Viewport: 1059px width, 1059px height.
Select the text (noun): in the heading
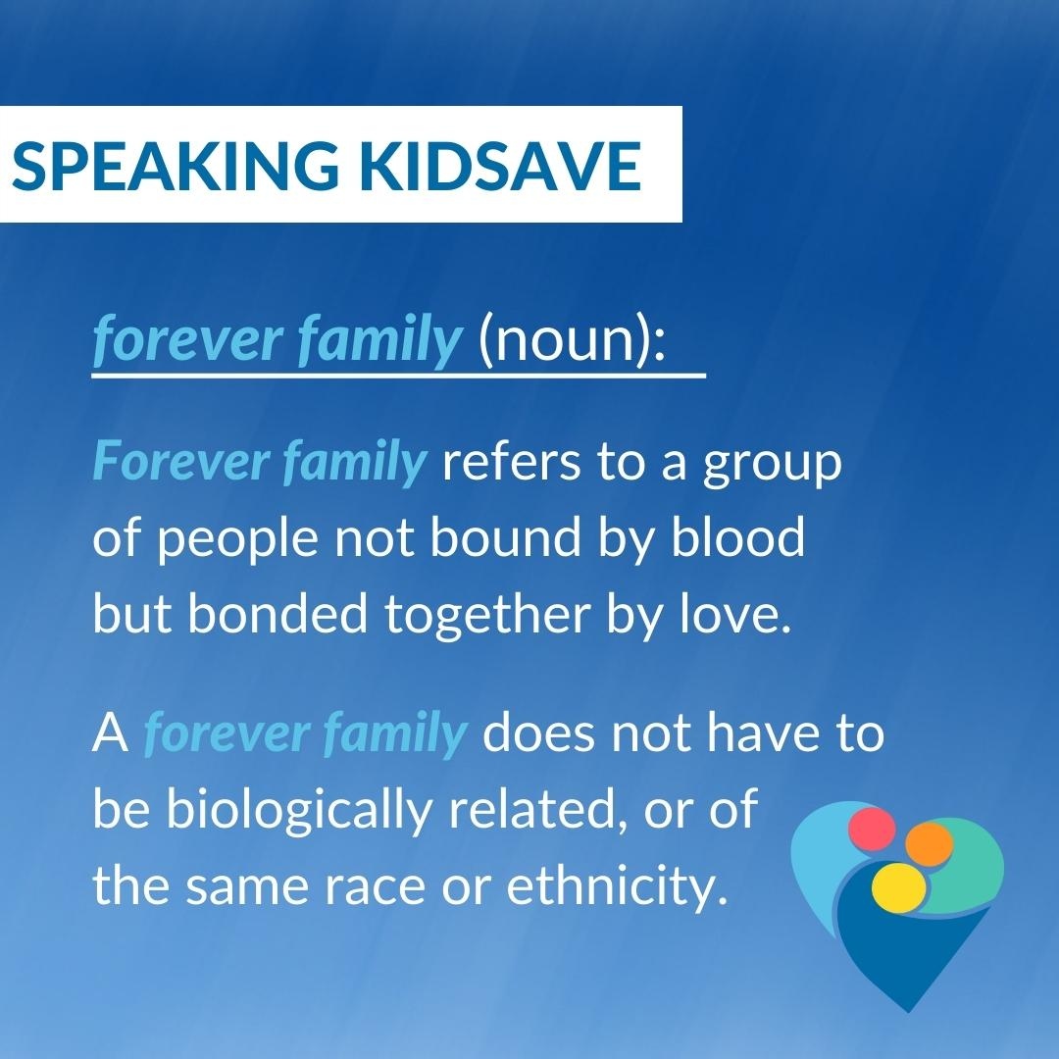(x=572, y=338)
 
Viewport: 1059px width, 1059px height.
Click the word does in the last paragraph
(x=534, y=734)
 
